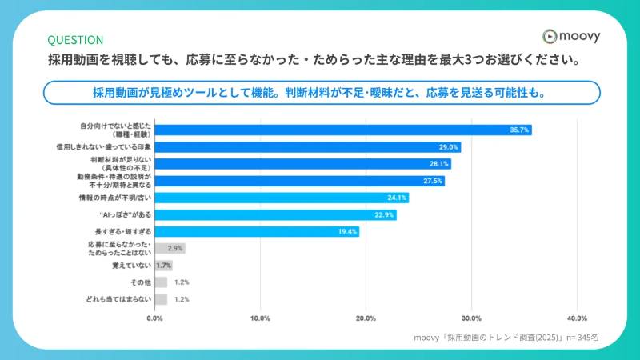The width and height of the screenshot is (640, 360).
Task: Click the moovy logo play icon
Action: pyautogui.click(x=549, y=36)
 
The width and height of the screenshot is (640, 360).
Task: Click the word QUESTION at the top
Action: pyautogui.click(x=75, y=39)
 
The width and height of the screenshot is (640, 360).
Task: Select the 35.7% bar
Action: pyautogui.click(x=343, y=130)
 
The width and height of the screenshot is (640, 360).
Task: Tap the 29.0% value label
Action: pyautogui.click(x=449, y=147)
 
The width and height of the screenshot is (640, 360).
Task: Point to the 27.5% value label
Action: pyautogui.click(x=432, y=181)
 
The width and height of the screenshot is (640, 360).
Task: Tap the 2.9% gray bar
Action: pyautogui.click(x=170, y=248)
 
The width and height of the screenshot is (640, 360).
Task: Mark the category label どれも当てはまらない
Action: pyautogui.click(x=118, y=299)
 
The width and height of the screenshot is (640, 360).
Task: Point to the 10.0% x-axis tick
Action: pyautogui.click(x=260, y=318)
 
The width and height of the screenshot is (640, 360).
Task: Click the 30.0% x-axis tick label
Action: pyautogui.click(x=471, y=318)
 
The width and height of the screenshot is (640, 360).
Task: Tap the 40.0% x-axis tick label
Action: pyautogui.click(x=577, y=318)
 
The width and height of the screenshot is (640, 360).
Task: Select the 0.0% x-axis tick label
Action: pyautogui.click(x=154, y=318)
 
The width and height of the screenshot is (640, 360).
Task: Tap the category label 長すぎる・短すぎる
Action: pyautogui.click(x=123, y=231)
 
